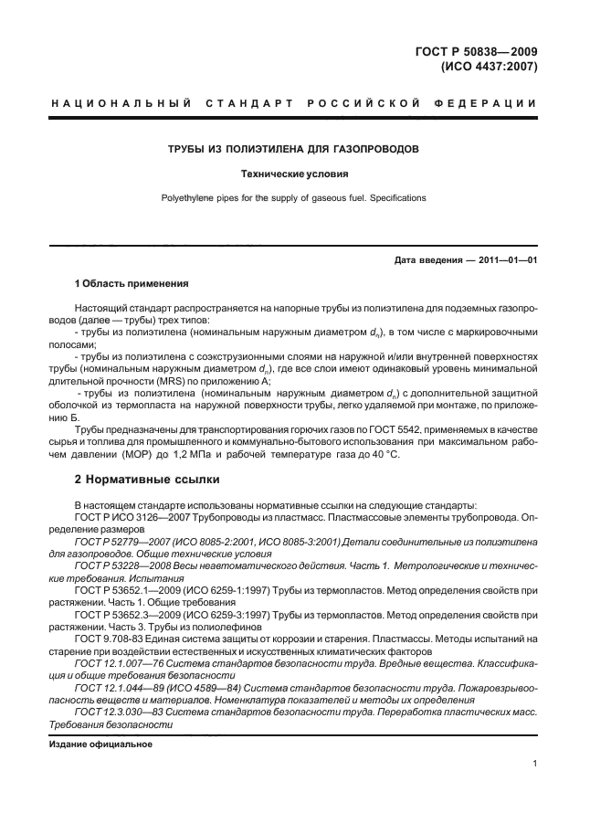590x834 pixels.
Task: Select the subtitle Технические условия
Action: tap(294, 173)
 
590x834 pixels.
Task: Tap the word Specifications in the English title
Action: tap(393, 196)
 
